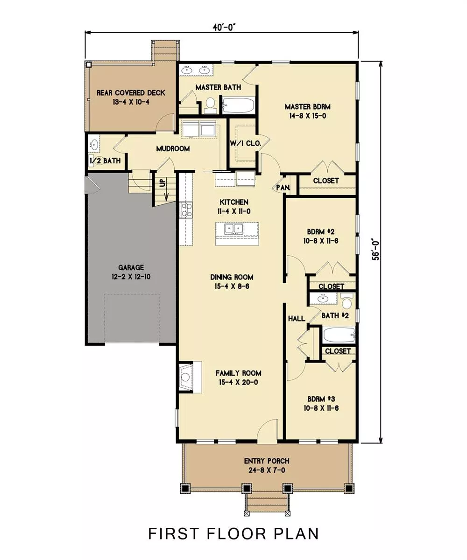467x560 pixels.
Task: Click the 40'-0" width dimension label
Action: point(224,27)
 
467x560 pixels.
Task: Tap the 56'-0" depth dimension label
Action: point(376,249)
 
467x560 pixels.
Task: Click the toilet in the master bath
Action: point(210,105)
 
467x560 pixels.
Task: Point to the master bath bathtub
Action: point(238,105)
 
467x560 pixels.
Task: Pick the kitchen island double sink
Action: point(234,229)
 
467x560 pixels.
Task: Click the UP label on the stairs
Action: point(163,183)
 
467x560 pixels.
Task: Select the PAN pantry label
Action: point(283,188)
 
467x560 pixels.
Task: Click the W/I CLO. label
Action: point(246,143)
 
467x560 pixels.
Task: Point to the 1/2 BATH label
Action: point(105,161)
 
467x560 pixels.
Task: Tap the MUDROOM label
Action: point(173,148)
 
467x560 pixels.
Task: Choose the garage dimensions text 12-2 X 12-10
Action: point(131,277)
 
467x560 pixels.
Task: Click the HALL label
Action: point(297,319)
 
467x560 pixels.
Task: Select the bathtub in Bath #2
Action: point(339,335)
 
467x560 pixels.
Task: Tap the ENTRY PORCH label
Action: point(267,461)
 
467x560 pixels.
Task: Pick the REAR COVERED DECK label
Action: point(131,93)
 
